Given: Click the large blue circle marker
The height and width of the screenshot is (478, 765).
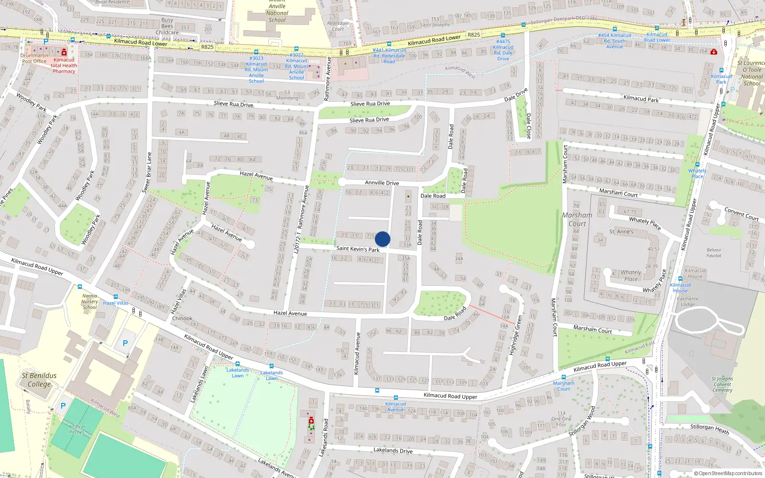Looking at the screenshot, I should pos(382,239).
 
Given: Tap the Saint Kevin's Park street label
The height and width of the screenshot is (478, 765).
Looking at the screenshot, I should pos(358,249).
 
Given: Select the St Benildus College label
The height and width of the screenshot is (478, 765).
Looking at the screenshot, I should pos(39,380).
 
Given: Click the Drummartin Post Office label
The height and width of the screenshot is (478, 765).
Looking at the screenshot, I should pos(34,58).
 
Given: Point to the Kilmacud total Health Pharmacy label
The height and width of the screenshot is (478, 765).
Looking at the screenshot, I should pos(64,65).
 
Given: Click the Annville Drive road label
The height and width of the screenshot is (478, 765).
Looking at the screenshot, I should pos(382,183).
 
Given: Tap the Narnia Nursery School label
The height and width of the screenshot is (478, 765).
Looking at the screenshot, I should pos(89,302).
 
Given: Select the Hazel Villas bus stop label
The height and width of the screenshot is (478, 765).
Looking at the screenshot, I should pos(116,303).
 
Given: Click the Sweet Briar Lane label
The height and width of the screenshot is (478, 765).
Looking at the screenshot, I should pos(147,173).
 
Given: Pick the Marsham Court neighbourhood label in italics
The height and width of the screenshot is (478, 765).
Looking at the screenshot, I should pos(577,219).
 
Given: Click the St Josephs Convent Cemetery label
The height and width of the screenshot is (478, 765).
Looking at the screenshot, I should pos(722,384).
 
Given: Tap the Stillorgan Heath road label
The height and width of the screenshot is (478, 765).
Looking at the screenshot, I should pos(710,429).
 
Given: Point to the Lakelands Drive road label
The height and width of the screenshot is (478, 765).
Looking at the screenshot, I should pos(393,450).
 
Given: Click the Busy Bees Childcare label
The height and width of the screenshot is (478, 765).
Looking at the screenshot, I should pos(167,26).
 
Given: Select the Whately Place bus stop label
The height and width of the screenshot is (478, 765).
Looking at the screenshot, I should pos(697,174).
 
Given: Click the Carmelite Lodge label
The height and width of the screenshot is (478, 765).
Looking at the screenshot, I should pos(688,302).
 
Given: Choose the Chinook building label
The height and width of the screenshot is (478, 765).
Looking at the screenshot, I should pos(182,318).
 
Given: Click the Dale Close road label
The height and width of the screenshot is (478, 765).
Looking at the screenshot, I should pos(528,126).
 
